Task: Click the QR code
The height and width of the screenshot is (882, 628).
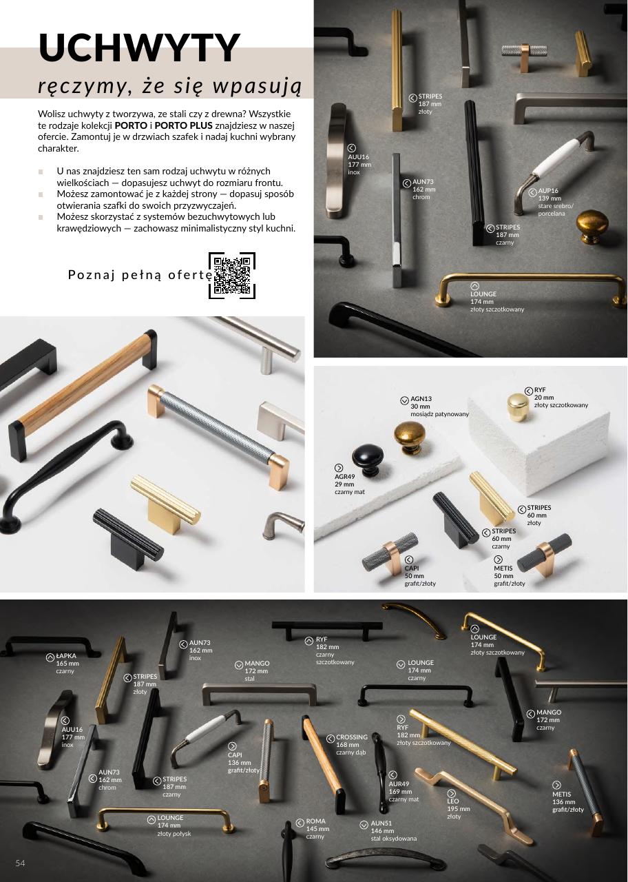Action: point(232,275)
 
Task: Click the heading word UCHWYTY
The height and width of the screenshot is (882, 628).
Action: point(139,48)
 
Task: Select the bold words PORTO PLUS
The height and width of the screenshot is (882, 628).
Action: point(183,125)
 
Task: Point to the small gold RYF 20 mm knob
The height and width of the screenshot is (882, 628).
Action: point(518,407)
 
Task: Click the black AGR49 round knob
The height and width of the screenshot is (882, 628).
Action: point(368,460)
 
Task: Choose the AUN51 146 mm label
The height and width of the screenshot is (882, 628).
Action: point(393,831)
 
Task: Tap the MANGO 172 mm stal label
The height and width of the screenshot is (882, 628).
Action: point(257,671)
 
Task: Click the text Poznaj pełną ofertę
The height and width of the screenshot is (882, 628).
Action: point(140,275)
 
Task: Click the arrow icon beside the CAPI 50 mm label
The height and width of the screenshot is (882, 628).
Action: point(409,560)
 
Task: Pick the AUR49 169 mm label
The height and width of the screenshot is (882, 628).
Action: point(404,792)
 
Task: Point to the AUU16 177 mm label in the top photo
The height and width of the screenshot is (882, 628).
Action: point(359,165)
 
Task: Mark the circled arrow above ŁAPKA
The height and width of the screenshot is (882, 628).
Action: point(50,657)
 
